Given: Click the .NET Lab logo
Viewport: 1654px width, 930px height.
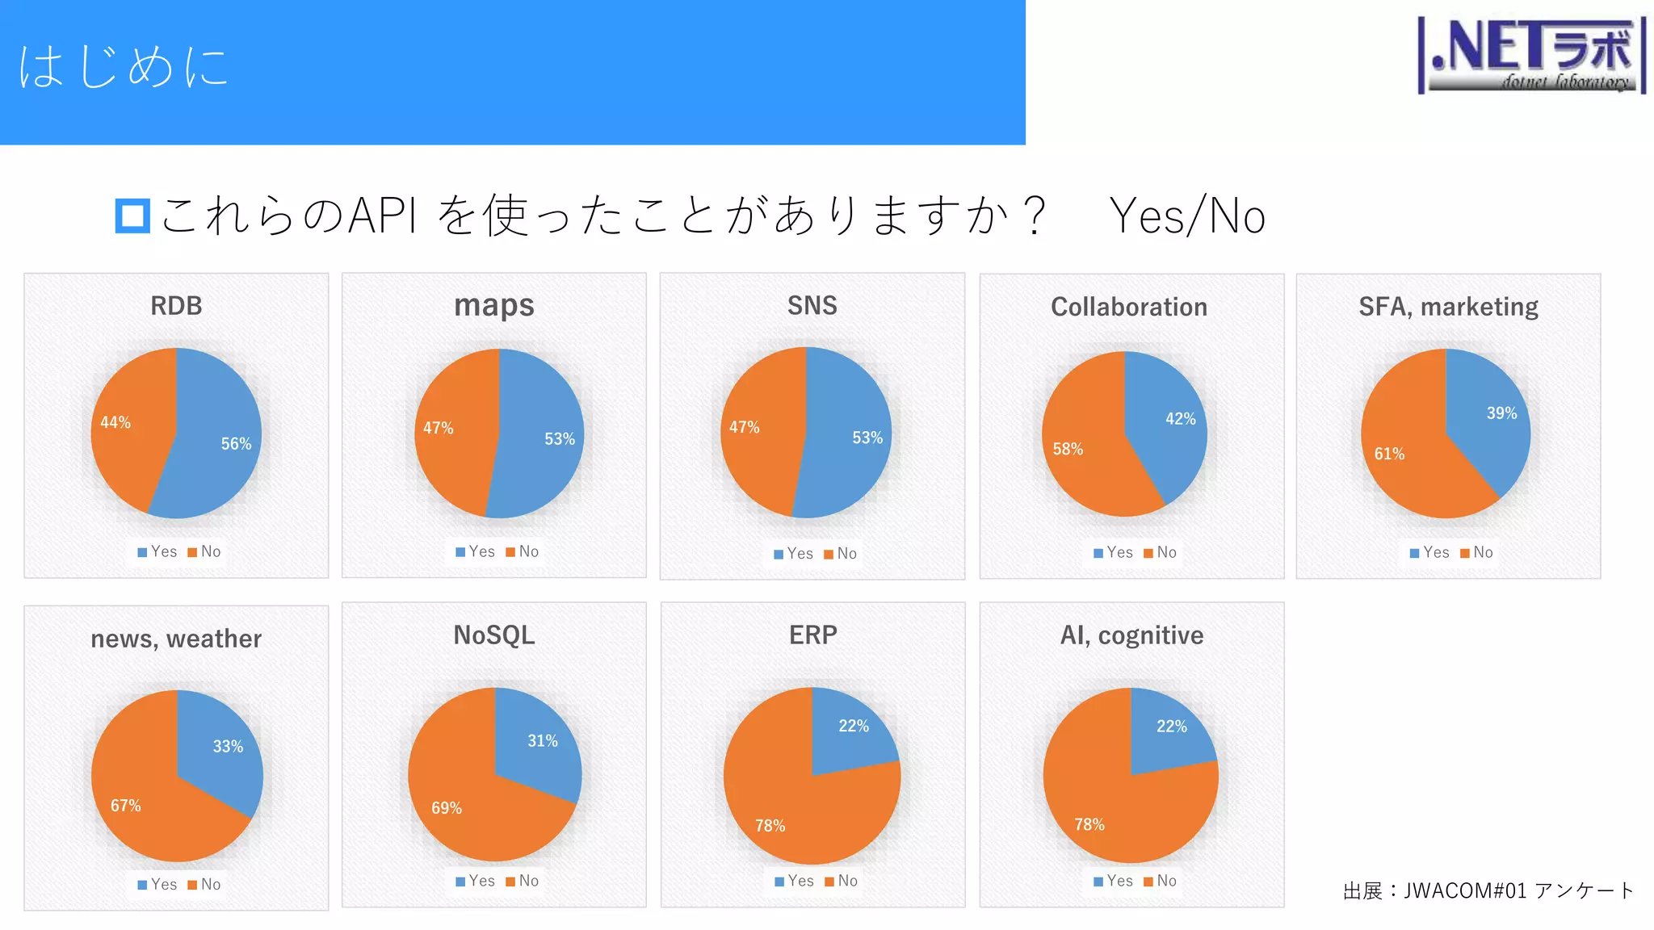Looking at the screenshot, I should click(x=1531, y=55).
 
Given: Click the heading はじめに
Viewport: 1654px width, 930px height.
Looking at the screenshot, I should click(x=123, y=66).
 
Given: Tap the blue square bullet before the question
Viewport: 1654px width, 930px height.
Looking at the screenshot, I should click(x=132, y=216).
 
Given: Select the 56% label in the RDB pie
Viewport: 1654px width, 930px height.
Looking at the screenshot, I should click(x=236, y=443).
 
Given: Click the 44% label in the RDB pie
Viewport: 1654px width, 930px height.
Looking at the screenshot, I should click(x=115, y=422).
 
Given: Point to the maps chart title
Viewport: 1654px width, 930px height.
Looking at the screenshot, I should click(x=494, y=306).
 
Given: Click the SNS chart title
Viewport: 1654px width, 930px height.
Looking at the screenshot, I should click(x=812, y=306).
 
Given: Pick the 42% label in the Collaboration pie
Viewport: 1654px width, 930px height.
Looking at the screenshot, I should click(x=1180, y=418).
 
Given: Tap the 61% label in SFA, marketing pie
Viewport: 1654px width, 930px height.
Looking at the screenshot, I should click(x=1389, y=454).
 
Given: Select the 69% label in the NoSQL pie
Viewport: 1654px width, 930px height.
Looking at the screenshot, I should click(x=447, y=807).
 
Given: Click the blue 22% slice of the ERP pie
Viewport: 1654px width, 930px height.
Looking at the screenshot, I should click(x=848, y=731).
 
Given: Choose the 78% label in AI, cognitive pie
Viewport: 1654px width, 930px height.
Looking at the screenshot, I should click(x=1089, y=824).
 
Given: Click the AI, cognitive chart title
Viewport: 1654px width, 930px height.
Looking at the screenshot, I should click(x=1131, y=635).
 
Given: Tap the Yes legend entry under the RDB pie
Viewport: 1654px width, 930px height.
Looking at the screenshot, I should click(x=157, y=551).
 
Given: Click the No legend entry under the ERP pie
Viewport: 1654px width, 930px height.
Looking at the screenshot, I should click(x=842, y=881).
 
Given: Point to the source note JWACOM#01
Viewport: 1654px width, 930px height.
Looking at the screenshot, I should click(x=1488, y=890).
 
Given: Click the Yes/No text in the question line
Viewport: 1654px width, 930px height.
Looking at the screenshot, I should click(x=1187, y=216).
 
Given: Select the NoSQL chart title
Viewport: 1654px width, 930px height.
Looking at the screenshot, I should click(x=494, y=635).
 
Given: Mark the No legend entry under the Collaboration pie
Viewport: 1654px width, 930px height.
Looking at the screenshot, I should click(x=1161, y=552).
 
